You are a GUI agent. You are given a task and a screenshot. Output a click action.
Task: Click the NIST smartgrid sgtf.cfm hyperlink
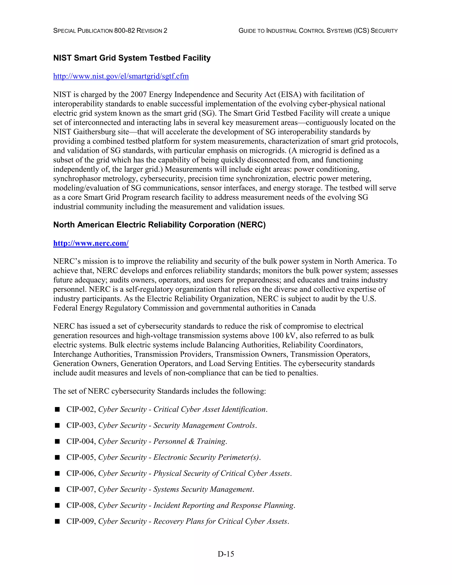point(121,76)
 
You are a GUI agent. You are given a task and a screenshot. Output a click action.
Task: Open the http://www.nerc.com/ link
point(91,243)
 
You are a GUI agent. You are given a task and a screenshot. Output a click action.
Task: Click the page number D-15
point(226,554)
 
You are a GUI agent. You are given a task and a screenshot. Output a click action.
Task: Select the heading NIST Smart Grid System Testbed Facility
point(132,58)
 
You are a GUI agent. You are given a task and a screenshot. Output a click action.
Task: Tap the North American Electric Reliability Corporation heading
point(159,225)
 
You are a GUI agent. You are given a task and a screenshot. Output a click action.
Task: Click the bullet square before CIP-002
point(57,409)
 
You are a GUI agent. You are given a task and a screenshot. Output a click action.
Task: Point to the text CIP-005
point(80,457)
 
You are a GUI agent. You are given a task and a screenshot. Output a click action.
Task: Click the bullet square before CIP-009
point(57,521)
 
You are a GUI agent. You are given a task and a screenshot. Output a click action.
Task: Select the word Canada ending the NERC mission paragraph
point(303,308)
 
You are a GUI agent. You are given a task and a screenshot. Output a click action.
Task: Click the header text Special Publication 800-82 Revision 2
point(110,31)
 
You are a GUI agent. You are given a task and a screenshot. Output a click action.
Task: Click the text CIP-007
point(80,489)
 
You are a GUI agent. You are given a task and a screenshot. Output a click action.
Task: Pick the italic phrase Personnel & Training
point(190,442)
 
